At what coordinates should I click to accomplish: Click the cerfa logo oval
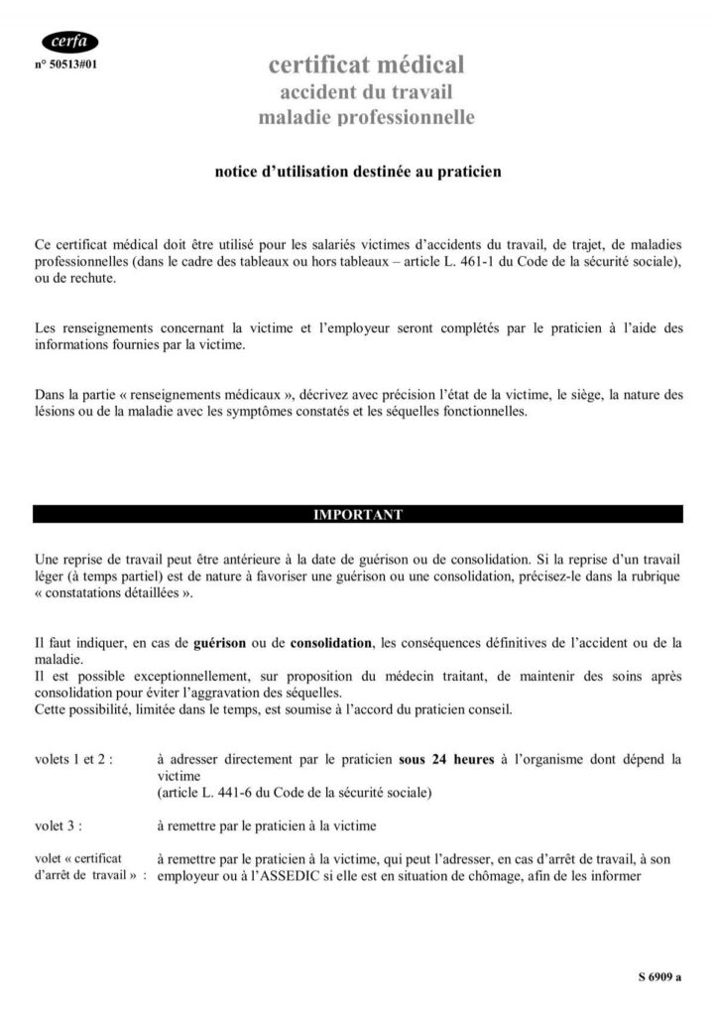click(69, 42)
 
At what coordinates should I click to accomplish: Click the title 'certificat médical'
click(366, 65)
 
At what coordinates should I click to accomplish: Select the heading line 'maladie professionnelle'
click(366, 118)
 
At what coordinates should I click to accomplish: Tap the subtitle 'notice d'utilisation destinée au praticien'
click(358, 172)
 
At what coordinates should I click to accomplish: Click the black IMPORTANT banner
click(358, 515)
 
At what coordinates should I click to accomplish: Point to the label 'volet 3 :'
click(59, 825)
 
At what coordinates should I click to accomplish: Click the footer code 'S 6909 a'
click(660, 977)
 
